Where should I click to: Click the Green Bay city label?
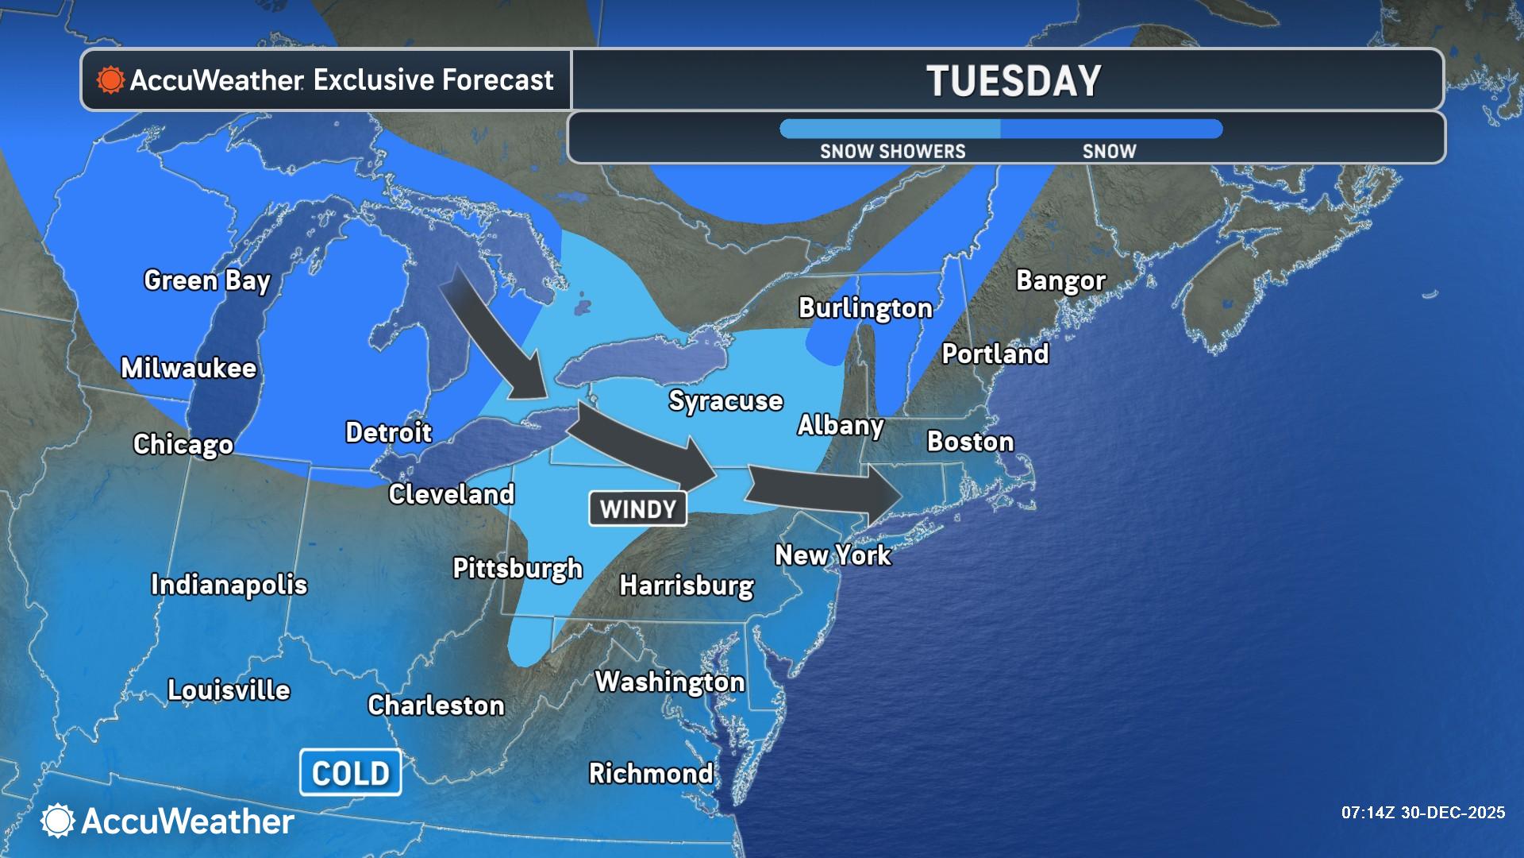pos(207,280)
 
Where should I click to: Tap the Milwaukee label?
pos(189,368)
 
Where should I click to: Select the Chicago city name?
pos(183,444)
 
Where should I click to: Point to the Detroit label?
pos(389,432)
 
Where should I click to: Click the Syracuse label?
pos(725,400)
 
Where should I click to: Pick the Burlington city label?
pos(865,308)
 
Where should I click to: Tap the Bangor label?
pos(1060,280)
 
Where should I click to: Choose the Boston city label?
pos(970,442)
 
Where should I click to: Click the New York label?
pos(833,555)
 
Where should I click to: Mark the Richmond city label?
pos(651,773)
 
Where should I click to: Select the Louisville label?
pos(229,690)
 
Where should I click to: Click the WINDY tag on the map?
pos(637,509)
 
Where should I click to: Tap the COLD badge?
pos(350,773)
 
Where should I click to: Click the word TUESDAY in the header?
pos(1014,81)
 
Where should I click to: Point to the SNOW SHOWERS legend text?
pos(892,151)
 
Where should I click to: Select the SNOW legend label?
pos(1109,151)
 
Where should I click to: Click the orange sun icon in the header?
pos(110,80)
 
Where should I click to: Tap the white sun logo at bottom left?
pos(58,821)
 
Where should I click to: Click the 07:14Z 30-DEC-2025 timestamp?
pos(1422,813)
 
